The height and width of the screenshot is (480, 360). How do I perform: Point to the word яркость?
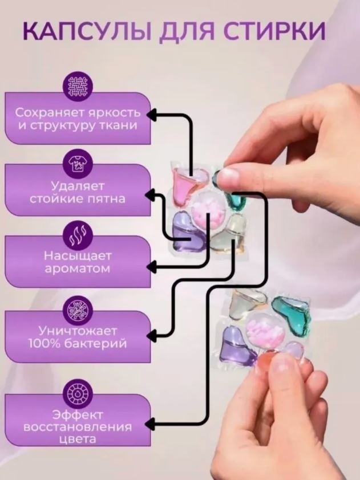[x=114, y=113]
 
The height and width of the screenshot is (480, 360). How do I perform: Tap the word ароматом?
[x=77, y=269]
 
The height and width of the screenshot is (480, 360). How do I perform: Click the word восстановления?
[x=78, y=427]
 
